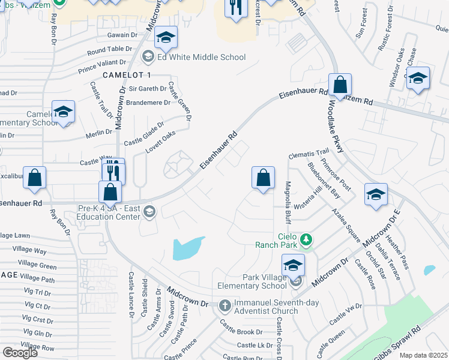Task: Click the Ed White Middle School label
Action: pos(201,57)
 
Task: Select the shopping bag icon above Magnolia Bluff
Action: pos(263,178)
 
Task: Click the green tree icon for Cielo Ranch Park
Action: pos(307,240)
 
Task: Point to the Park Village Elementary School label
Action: pos(265,281)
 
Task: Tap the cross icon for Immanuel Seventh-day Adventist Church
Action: pos(224,305)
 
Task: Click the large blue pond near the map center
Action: pos(188,248)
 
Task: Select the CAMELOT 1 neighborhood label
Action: pos(127,74)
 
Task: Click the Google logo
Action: pos(20,352)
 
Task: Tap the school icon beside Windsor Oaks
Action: pos(418,79)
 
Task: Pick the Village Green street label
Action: pos(37,265)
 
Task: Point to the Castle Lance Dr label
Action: pos(130,294)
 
